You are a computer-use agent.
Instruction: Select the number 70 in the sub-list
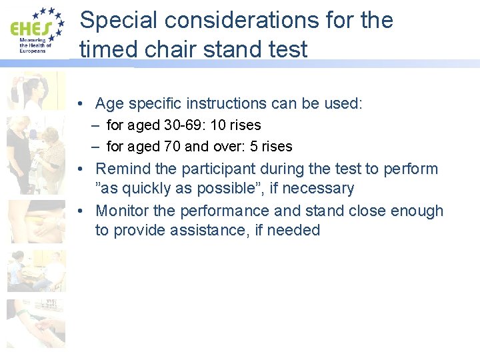point(172,146)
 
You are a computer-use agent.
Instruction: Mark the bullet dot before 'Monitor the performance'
point(79,212)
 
